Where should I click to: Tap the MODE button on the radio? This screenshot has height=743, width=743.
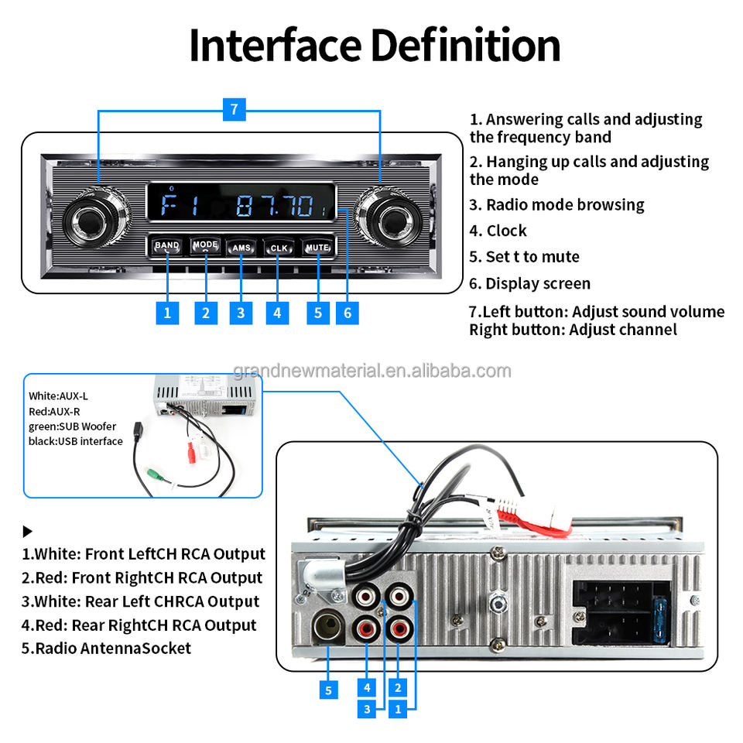tap(205, 245)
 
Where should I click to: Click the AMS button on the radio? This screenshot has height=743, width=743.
tap(241, 248)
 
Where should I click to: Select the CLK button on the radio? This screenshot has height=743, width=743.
tap(278, 248)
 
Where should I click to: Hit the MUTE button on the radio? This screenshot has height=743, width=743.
tap(317, 248)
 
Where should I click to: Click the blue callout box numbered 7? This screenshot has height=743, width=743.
tap(235, 110)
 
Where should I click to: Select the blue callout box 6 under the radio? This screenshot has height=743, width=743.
tap(348, 313)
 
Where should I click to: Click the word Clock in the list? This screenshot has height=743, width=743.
tap(506, 231)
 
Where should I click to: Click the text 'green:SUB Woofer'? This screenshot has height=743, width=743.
tap(73, 426)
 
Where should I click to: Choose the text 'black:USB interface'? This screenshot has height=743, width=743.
tap(76, 441)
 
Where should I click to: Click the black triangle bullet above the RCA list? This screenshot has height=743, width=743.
tap(28, 532)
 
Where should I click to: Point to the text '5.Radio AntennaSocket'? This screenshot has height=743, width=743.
tap(106, 649)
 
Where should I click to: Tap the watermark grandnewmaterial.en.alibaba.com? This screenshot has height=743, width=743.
tap(371, 371)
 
